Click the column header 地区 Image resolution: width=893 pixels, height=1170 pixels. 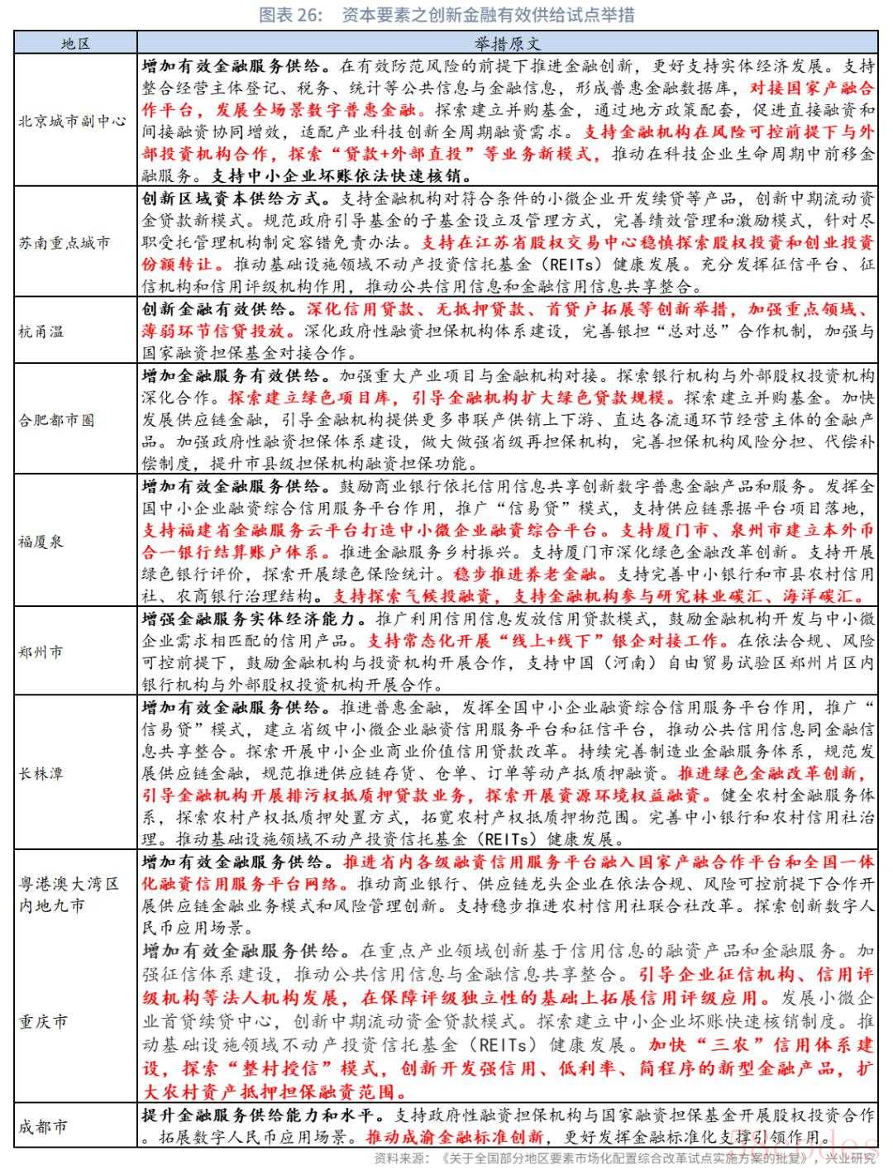click(x=75, y=43)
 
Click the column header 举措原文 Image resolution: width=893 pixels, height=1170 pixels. click(x=508, y=43)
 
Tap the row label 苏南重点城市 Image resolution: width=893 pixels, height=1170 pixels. click(x=64, y=243)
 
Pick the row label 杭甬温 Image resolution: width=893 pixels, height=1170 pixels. click(x=41, y=332)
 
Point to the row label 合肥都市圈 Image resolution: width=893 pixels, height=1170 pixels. click(x=57, y=420)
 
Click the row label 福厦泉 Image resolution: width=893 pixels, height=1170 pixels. click(x=41, y=542)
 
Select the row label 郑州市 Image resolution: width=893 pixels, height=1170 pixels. click(x=41, y=652)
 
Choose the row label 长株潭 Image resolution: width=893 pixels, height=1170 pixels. click(x=41, y=774)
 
